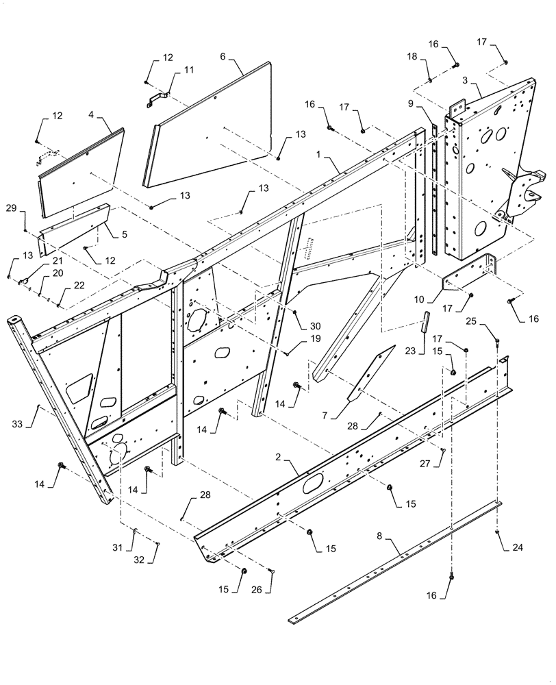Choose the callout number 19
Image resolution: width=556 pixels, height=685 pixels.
coord(314,338)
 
